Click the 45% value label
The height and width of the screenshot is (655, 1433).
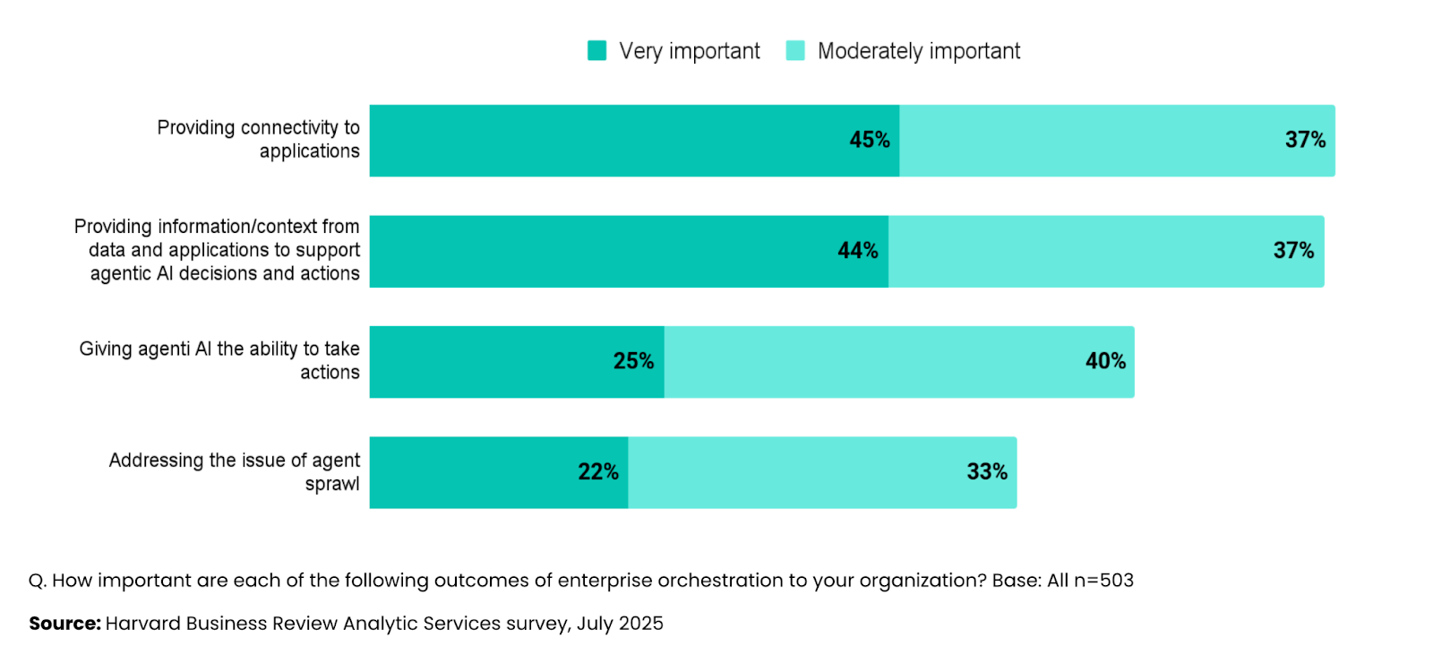[869, 140]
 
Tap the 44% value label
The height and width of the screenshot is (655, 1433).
[857, 251]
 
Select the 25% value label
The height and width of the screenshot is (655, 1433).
[633, 361]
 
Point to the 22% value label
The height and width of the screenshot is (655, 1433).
[597, 472]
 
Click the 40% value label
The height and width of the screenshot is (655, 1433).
[1105, 361]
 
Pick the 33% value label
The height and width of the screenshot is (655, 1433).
[986, 472]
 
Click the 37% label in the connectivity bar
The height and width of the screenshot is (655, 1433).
[1304, 140]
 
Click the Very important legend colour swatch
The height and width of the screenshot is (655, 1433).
[596, 51]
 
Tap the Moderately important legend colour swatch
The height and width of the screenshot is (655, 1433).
[795, 51]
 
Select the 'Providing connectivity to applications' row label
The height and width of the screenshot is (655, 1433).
[259, 140]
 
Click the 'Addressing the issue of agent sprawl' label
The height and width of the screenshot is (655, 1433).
[235, 472]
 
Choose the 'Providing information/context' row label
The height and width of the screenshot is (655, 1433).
[218, 250]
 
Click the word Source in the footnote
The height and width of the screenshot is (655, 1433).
[64, 624]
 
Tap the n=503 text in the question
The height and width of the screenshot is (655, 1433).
[1103, 581]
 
